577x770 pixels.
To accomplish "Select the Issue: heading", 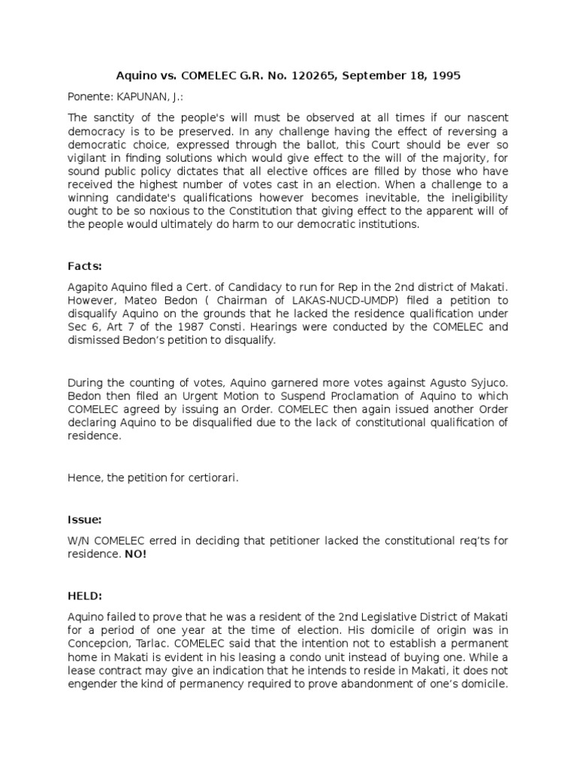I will (84, 519).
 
